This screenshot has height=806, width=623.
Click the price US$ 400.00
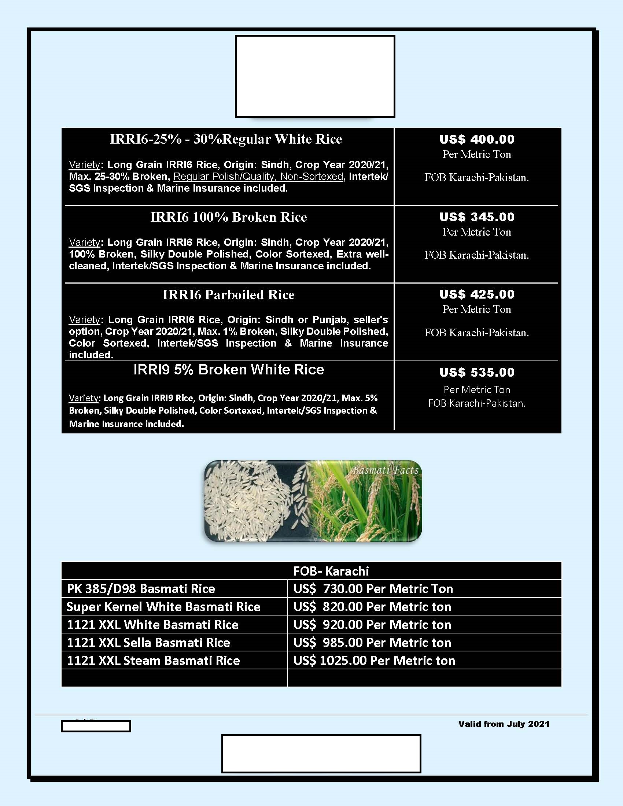point(476,140)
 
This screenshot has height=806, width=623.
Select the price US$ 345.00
point(476,217)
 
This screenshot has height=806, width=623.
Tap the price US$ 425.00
point(476,295)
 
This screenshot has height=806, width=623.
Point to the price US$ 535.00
point(476,372)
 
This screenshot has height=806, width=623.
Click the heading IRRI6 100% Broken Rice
point(228,217)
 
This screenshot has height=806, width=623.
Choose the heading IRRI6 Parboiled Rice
point(228,295)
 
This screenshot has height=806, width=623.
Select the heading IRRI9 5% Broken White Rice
point(228,370)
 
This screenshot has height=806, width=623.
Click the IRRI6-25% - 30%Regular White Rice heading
point(226,139)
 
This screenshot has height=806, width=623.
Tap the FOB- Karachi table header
point(331,571)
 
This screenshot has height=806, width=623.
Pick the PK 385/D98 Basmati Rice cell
point(141,589)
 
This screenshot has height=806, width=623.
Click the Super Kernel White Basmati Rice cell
point(163,607)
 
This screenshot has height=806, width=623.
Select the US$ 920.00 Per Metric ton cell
point(372,624)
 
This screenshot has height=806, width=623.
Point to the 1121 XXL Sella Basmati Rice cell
point(148,643)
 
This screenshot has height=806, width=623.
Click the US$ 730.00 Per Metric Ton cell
point(373,589)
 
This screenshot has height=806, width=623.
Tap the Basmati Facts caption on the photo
point(385,470)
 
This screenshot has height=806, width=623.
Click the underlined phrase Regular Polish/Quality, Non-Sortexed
point(258,177)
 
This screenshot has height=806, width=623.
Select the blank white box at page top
point(315,77)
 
